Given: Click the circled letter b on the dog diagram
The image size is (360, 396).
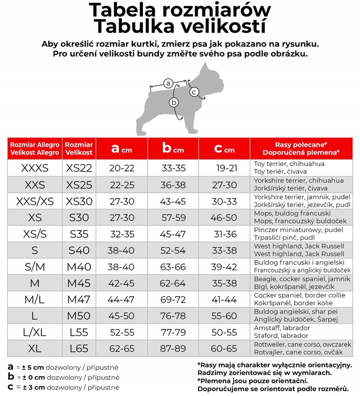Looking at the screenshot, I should tap(174, 102).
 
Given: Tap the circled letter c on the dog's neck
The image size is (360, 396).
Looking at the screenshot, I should tap(194, 92).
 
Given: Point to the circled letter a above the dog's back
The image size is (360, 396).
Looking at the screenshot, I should tap(169, 83).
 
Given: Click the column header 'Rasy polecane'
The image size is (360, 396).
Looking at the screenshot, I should tap(302, 148).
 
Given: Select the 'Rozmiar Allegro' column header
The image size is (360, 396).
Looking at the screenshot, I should tap(35, 148).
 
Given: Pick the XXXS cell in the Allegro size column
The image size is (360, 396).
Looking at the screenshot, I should tap(35, 168).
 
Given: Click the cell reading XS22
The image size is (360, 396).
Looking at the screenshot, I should tap(79, 168).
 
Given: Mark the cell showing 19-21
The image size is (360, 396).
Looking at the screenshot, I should tap(226, 168).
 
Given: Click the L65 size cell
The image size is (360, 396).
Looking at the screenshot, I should tap(79, 349).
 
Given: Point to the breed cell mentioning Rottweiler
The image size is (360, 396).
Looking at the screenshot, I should tap(302, 349).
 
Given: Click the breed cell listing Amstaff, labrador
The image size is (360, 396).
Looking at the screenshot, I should tap(302, 332).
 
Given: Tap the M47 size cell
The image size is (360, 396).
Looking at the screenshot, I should tap(79, 299).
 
